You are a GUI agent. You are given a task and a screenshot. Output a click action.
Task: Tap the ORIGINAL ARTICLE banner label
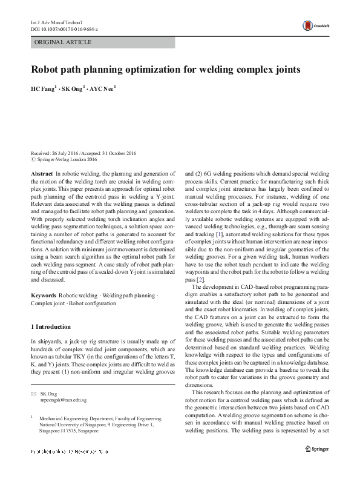(64, 42)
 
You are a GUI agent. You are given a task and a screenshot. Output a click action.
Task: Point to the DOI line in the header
(64, 28)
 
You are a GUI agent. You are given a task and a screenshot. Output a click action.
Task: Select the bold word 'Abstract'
(42, 173)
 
